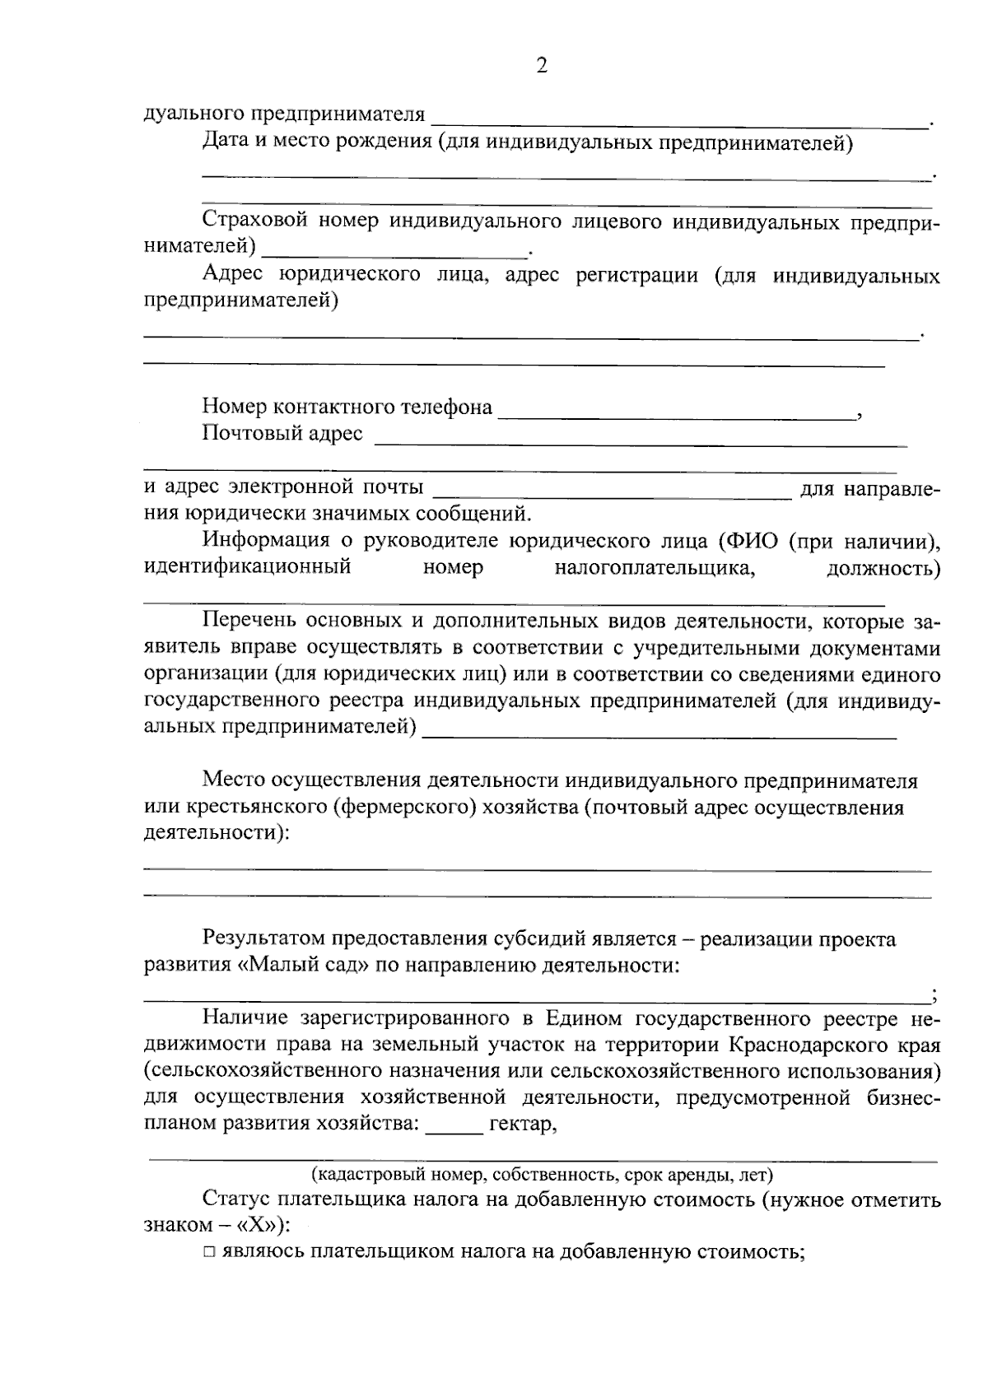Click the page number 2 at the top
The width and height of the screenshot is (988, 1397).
coord(541,67)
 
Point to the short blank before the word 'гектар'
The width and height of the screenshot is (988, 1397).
coord(454,1132)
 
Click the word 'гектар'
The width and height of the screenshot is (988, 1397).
coord(524,1124)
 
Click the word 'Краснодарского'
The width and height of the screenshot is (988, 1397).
coord(810,1045)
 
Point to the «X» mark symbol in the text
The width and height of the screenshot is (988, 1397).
coord(258,1225)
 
